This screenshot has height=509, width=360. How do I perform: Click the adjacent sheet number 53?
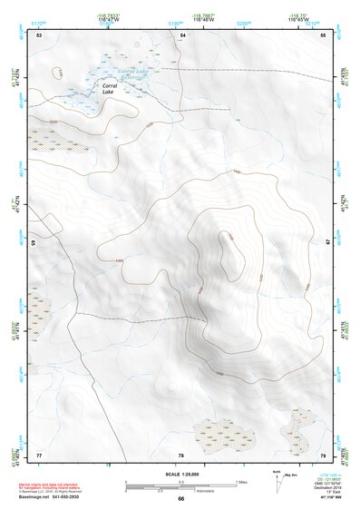click(39, 34)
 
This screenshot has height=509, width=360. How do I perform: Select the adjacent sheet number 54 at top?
click(182, 34)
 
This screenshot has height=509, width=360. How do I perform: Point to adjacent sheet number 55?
click(323, 34)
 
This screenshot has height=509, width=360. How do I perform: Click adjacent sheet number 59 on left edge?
click(35, 243)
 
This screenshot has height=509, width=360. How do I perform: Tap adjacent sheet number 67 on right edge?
click(326, 241)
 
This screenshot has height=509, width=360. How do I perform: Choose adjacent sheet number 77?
click(39, 454)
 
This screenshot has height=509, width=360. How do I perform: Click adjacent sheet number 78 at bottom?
click(181, 454)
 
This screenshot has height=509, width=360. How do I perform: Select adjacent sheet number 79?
click(323, 454)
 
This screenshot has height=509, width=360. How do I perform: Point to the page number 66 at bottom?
click(181, 499)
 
